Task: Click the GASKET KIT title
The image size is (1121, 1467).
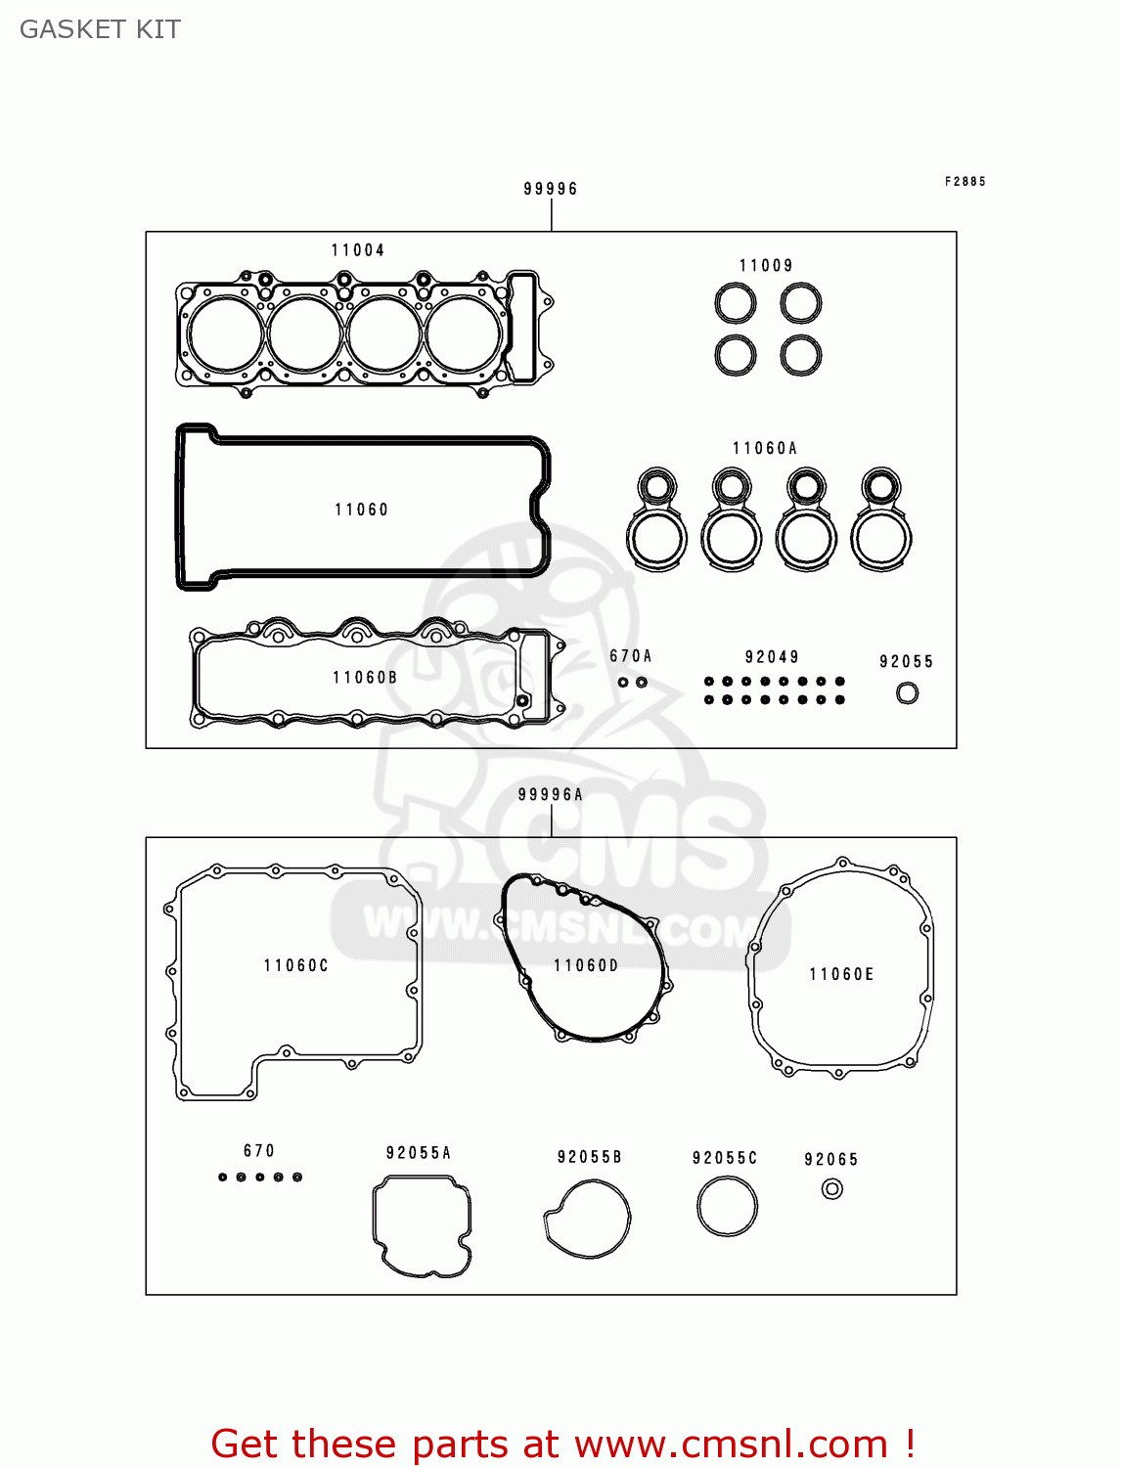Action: [x=100, y=29]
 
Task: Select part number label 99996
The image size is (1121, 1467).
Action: [x=551, y=189]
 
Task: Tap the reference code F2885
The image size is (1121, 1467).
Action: [x=965, y=182]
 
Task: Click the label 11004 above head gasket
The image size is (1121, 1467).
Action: [x=358, y=250]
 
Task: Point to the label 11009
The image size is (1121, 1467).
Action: [x=766, y=266]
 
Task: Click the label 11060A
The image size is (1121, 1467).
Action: [x=765, y=449]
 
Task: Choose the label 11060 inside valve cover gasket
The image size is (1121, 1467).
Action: [x=362, y=510]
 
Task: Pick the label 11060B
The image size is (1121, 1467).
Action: [x=365, y=678]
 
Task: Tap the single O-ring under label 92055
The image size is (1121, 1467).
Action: [x=908, y=693]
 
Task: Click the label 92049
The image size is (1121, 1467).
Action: [x=772, y=657]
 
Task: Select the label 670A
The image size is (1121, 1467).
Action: [x=631, y=656]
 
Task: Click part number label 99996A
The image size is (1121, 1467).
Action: [x=551, y=795]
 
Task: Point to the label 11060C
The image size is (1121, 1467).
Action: [x=296, y=965]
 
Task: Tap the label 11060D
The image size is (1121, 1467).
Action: [x=586, y=965]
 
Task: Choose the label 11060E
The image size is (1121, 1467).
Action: [x=841, y=974]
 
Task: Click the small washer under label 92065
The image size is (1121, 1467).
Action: [x=832, y=1188]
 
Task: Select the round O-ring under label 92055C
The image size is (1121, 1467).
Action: [x=727, y=1206]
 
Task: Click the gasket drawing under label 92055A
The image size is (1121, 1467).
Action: [x=422, y=1226]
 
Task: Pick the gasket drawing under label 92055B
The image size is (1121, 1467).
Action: [x=587, y=1219]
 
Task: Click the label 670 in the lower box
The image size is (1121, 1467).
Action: [x=259, y=1151]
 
